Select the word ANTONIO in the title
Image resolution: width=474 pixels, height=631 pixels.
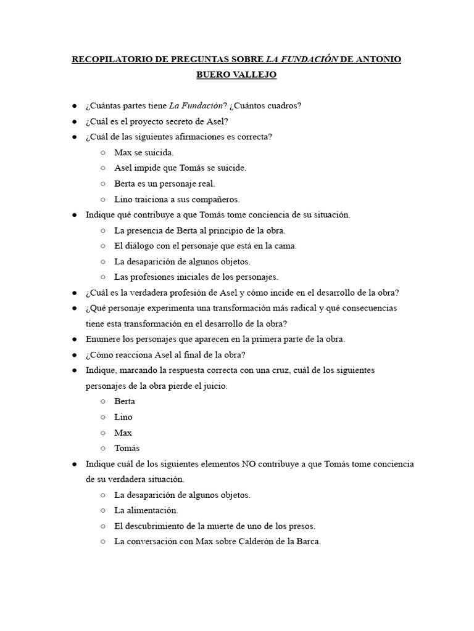tap(377, 60)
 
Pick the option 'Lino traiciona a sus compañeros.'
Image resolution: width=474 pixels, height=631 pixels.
tap(177, 199)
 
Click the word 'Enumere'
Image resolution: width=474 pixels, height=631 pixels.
tap(102, 339)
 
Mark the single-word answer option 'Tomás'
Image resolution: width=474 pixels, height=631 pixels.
tap(127, 448)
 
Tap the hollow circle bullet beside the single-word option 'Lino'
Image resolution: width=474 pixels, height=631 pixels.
tap(102, 417)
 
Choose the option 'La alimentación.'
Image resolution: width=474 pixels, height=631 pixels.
tap(146, 510)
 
